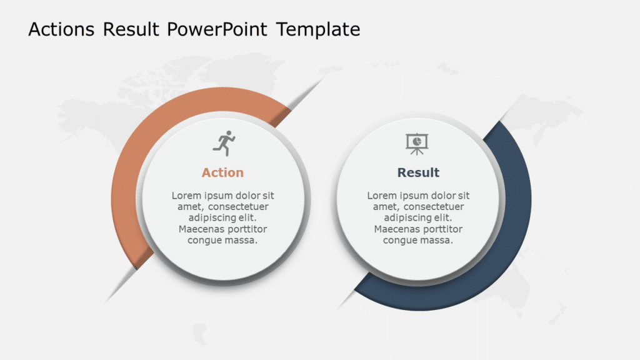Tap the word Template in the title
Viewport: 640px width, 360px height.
coord(318,29)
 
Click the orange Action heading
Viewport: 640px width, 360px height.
coord(222,172)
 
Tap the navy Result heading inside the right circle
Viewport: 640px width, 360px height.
coord(418,172)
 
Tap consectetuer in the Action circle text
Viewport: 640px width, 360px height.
coord(238,207)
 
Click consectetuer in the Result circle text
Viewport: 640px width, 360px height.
coord(433,207)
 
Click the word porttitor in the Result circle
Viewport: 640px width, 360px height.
coord(442,229)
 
